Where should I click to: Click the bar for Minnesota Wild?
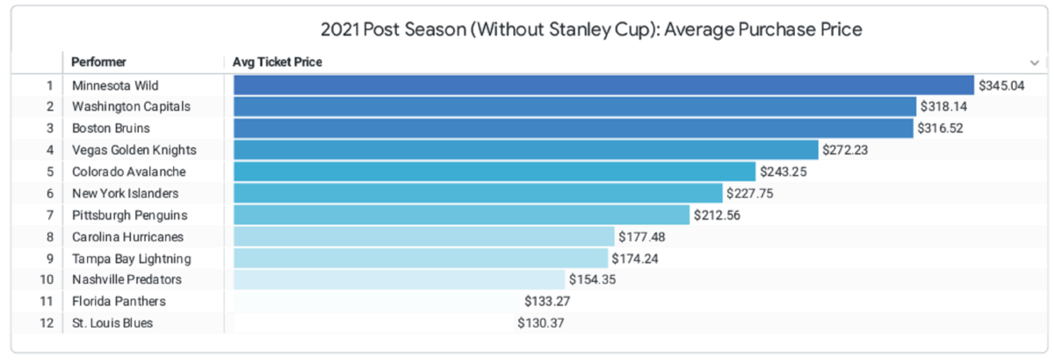pyautogui.click(x=603, y=85)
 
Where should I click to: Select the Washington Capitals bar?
pyautogui.click(x=574, y=107)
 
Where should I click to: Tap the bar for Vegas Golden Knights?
pyautogui.click(x=525, y=150)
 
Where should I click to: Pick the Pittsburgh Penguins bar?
pyautogui.click(x=461, y=215)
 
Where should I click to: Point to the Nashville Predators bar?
pyautogui.click(x=399, y=280)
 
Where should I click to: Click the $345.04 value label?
pyautogui.click(x=1001, y=85)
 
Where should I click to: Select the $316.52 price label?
pyautogui.click(x=942, y=128)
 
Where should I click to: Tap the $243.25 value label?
pyautogui.click(x=784, y=172)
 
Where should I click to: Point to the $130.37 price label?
pyautogui.click(x=541, y=323)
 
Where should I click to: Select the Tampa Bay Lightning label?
pyautogui.click(x=131, y=258)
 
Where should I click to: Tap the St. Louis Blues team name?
pyautogui.click(x=112, y=323)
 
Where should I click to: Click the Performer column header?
pyautogui.click(x=98, y=62)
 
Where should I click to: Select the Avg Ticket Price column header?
pyautogui.click(x=277, y=62)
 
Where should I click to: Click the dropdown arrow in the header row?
pyautogui.click(x=1034, y=62)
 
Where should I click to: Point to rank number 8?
pyautogui.click(x=49, y=237)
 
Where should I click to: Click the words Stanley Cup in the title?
pyautogui.click(x=606, y=30)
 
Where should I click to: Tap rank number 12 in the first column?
pyautogui.click(x=47, y=323)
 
